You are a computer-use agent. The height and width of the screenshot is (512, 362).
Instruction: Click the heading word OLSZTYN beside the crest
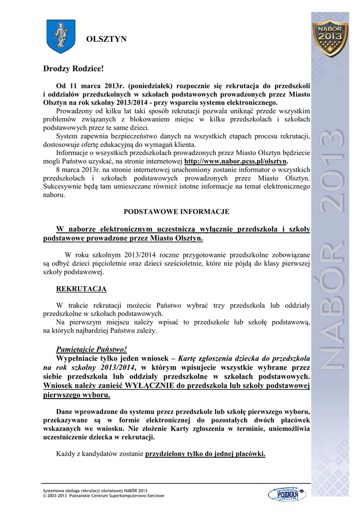[107, 39]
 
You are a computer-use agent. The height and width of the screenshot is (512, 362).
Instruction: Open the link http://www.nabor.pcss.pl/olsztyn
[236, 161]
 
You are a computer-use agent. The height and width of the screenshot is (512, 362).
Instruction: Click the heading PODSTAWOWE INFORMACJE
[176, 211]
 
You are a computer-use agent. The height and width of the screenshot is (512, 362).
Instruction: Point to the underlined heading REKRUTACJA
[81, 289]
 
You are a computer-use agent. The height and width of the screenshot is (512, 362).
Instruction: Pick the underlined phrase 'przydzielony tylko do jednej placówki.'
[205, 454]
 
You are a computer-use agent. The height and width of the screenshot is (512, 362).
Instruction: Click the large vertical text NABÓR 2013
[330, 250]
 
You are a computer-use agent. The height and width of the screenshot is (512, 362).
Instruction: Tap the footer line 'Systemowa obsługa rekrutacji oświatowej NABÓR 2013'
[95, 490]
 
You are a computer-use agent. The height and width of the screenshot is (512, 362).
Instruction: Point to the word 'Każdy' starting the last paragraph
[66, 454]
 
